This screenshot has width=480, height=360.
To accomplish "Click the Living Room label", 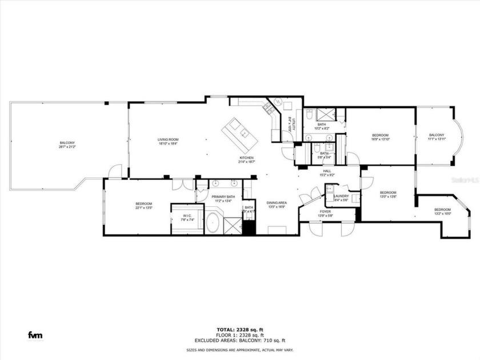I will tap(169, 139).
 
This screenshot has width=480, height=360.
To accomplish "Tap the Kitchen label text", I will tap(246, 158).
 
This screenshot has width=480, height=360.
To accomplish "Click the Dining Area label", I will tap(277, 203).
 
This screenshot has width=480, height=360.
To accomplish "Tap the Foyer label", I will tap(325, 212).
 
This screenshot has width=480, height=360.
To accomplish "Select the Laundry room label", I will tap(342, 195).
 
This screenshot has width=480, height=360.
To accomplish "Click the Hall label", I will tap(326, 171).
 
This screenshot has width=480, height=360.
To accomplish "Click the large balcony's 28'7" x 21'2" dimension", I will tap(67, 146).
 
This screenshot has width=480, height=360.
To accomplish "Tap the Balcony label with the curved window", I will tap(437, 135).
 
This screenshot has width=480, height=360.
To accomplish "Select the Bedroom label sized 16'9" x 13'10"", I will tap(380, 135).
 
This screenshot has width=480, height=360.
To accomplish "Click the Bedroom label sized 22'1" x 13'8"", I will tap(143, 204).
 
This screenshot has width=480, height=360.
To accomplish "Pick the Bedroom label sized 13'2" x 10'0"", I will tap(442, 210).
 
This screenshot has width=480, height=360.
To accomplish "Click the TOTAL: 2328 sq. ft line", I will tap(239, 329).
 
